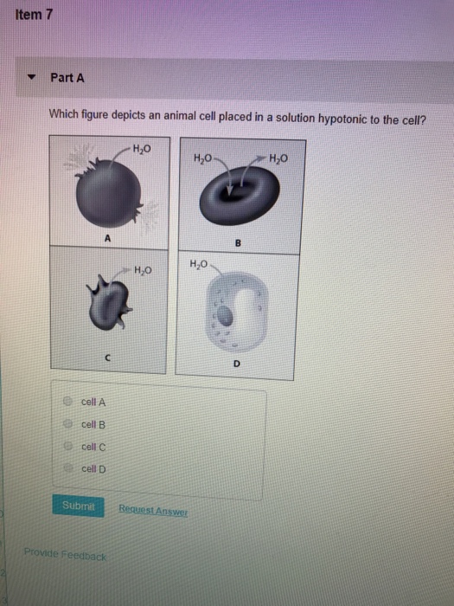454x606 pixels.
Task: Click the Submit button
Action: (81, 504)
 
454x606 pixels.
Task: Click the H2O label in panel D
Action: (197, 263)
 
